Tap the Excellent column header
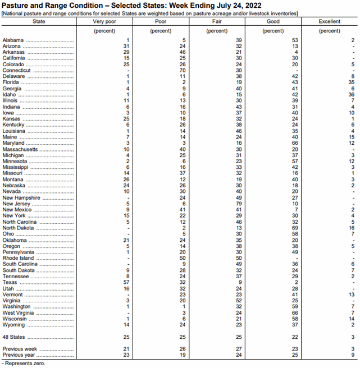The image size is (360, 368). pos(329,21)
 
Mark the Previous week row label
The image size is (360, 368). pos(19,349)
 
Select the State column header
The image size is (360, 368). pos(39,21)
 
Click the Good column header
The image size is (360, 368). pos(273,21)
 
